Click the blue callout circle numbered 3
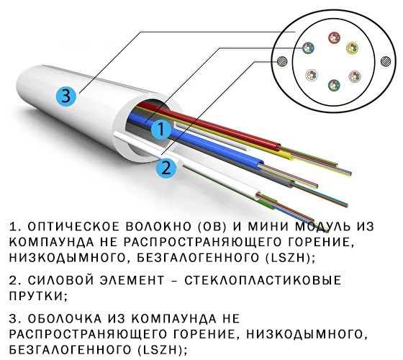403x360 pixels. click(66, 96)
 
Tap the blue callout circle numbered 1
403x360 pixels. click(161, 129)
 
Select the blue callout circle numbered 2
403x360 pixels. click(166, 168)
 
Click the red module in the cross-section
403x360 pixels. click(334, 37)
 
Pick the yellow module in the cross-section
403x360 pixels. click(352, 48)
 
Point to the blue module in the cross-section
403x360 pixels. click(308, 48)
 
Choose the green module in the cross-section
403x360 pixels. click(334, 85)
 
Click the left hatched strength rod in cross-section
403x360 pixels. click(282, 62)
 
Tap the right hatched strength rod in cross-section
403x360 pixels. click(386, 62)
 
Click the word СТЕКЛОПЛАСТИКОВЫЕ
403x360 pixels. click(262, 280)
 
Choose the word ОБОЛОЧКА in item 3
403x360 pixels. click(65, 319)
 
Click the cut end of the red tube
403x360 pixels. click(279, 146)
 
